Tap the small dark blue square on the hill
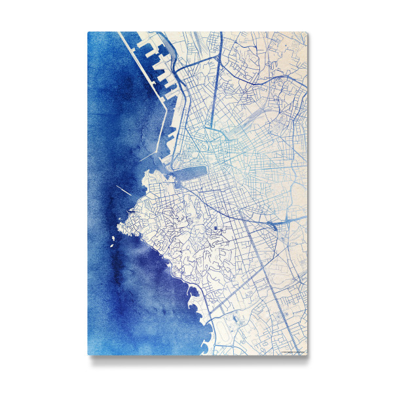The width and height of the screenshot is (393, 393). [214, 228]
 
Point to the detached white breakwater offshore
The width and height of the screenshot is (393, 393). [124, 192]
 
